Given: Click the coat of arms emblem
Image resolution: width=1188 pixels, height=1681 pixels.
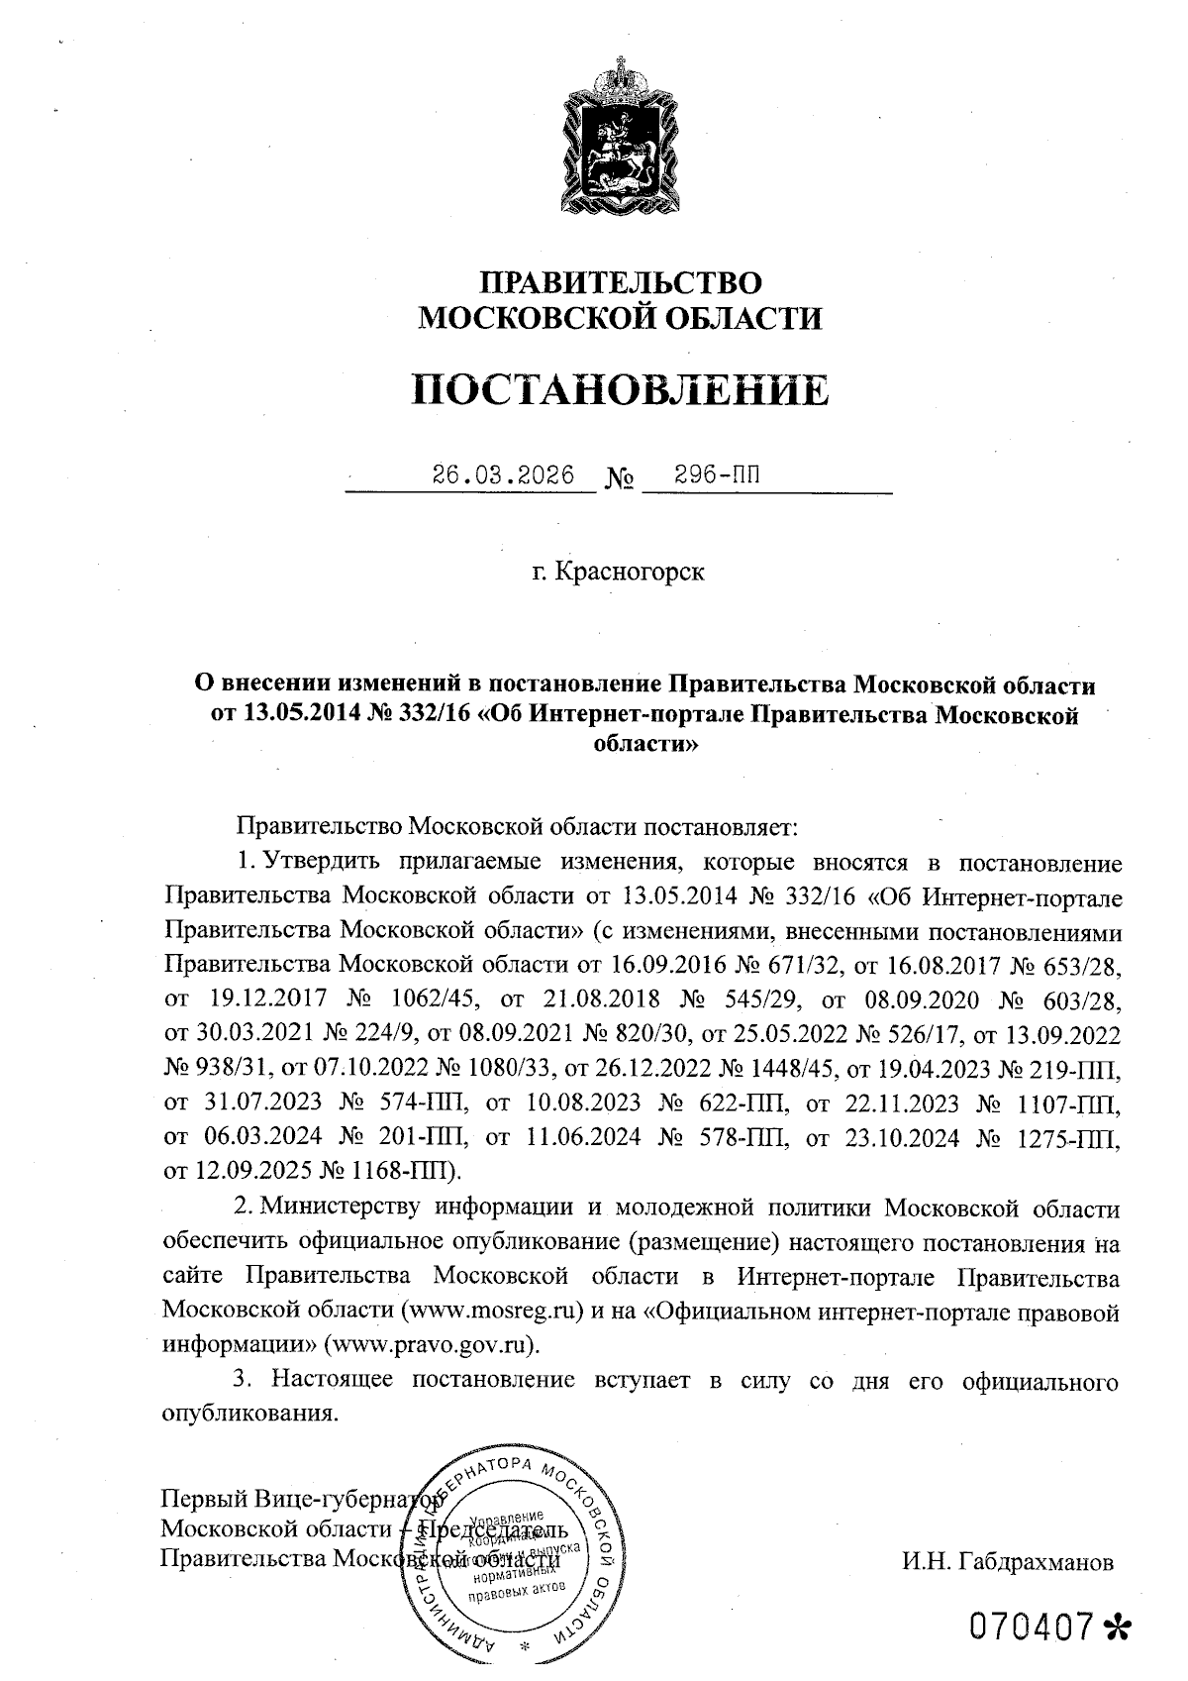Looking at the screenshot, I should tap(621, 139).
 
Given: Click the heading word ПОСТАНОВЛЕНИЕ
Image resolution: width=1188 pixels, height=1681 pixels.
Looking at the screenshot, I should tap(620, 390).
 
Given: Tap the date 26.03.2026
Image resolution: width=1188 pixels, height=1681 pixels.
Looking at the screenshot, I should tap(503, 474).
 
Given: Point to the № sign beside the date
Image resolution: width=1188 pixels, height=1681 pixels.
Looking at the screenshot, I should tap(619, 480).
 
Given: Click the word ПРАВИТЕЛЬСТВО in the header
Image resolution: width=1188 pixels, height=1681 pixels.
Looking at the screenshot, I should tap(621, 282).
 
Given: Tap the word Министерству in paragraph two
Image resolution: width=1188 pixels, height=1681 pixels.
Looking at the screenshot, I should tap(343, 1208).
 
